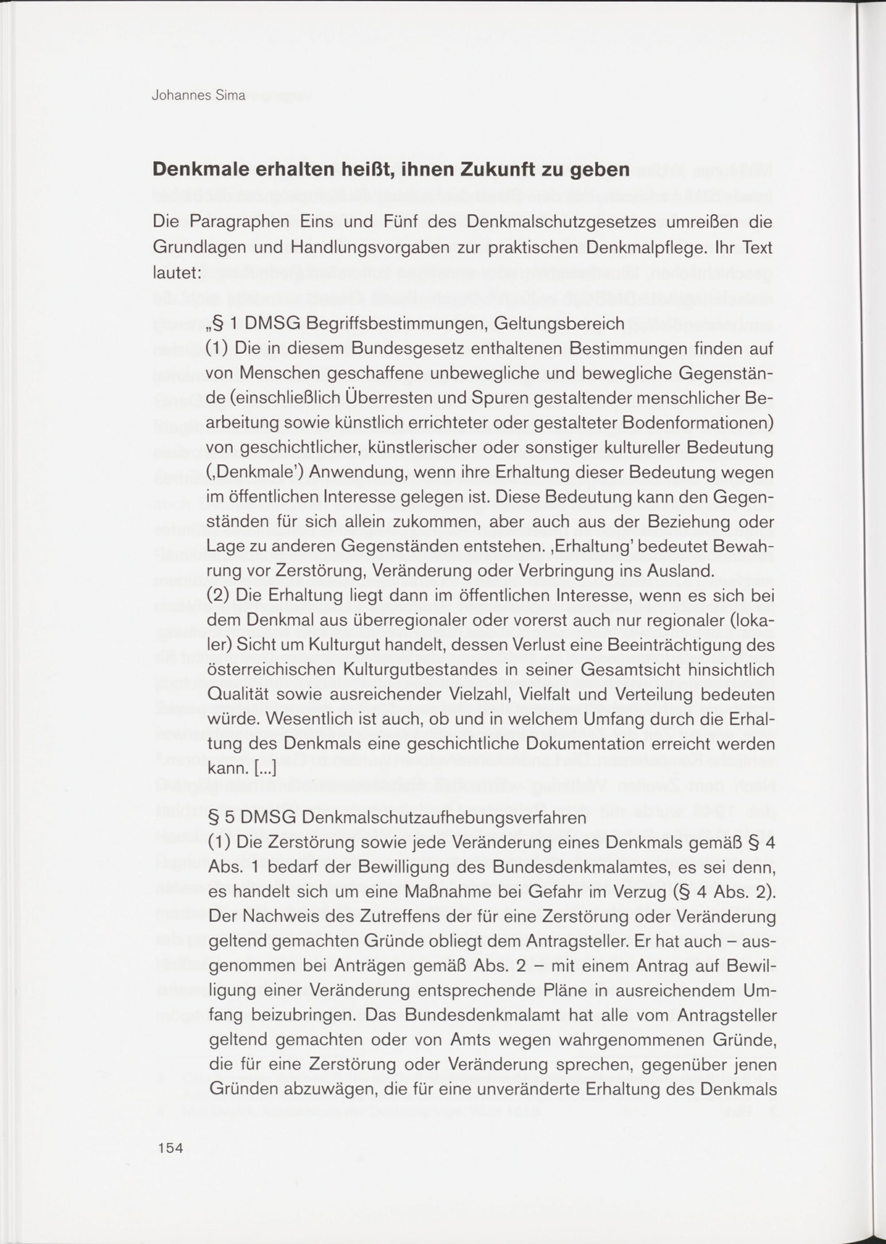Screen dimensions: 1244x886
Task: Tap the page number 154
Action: pos(171,1147)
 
